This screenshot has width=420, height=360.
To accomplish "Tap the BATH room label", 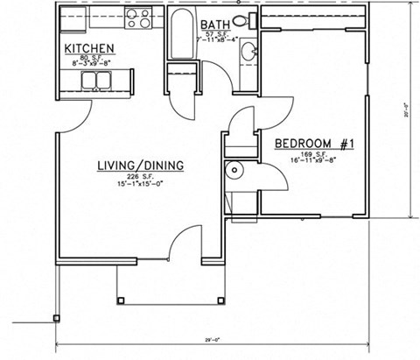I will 217,25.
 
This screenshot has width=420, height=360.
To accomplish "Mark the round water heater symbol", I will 234,172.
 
